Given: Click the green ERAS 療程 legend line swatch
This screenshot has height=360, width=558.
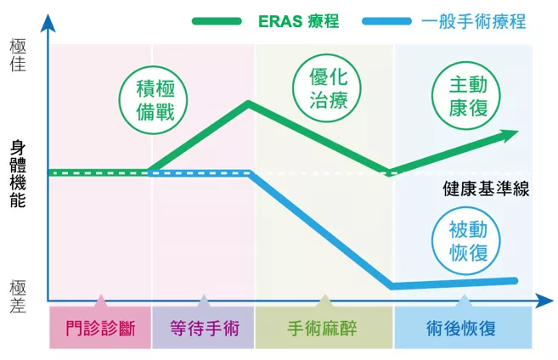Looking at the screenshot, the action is coord(217,21).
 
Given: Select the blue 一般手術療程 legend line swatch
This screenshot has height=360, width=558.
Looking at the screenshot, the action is coord(386,21).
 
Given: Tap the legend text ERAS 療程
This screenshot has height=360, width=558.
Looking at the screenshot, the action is coord(299,21).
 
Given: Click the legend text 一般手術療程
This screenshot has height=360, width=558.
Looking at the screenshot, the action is coord(474,21).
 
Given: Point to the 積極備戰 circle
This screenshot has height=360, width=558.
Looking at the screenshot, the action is coord(153,100).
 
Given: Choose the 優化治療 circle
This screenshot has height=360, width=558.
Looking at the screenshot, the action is coord(327,87).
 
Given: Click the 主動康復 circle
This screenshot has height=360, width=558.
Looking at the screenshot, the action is coord(466,95).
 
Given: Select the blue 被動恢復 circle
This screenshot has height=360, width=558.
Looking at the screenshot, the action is coord(466,241).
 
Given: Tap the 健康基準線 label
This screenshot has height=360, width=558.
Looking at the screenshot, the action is coord(486,188).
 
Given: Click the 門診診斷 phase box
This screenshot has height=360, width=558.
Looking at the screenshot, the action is coord(100,327).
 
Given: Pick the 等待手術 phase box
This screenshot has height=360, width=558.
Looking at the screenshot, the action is coord(203,327).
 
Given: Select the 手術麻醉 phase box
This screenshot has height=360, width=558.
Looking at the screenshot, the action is coord(324,327).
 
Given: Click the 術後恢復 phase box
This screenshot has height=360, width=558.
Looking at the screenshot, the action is coord(464,327).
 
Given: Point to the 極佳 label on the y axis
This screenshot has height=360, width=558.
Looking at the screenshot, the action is coord(18,55).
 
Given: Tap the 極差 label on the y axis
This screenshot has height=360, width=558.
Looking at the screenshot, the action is coord(18,296).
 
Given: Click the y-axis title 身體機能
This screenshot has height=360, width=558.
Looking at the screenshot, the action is coord(18,174).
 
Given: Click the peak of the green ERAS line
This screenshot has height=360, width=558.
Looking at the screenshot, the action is coord(248,104).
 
